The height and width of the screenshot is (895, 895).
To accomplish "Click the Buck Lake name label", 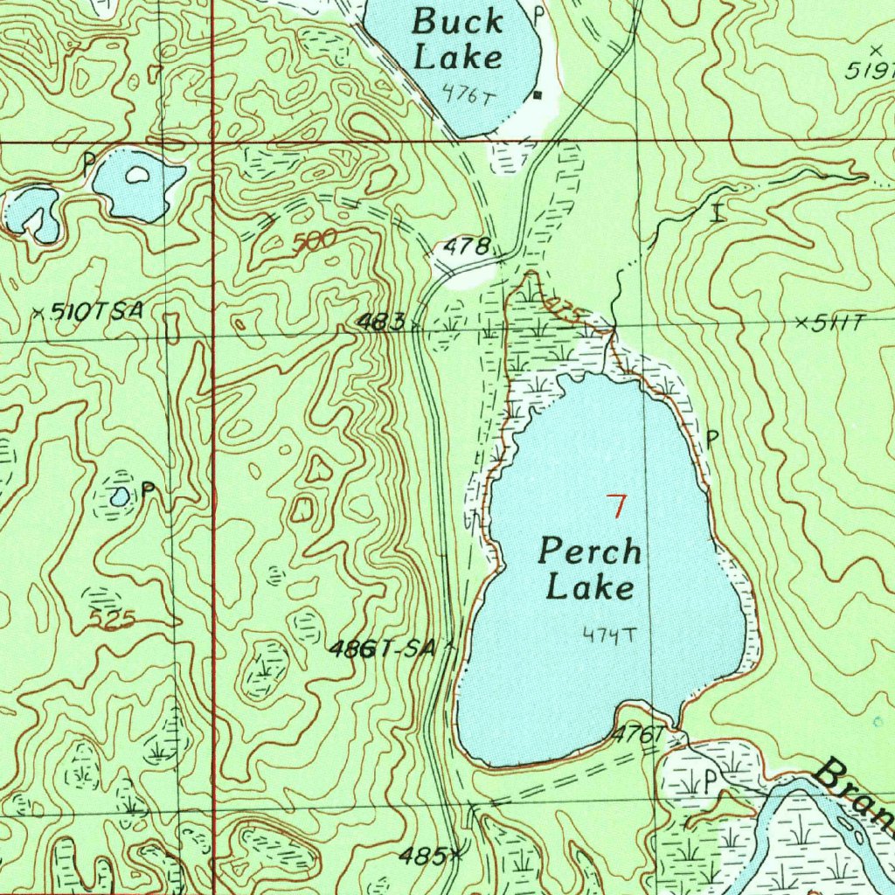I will [x=457, y=39].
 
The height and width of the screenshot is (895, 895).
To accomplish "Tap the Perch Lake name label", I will [x=590, y=569].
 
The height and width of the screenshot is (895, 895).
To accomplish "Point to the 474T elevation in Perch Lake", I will [x=608, y=635].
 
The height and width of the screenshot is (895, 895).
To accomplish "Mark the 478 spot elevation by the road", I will [x=466, y=247].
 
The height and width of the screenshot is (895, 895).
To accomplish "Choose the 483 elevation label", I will [x=380, y=323].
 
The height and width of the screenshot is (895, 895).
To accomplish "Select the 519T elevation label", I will [x=870, y=70].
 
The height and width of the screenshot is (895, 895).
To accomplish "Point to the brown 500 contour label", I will [x=315, y=241].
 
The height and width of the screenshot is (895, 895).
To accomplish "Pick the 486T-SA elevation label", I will [x=382, y=649].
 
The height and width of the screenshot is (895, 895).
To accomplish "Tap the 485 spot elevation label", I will [x=426, y=854].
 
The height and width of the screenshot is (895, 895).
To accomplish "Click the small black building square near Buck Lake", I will [x=538, y=94].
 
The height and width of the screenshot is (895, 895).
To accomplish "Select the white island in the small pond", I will [x=136, y=175].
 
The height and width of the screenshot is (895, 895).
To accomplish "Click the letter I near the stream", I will [x=718, y=212].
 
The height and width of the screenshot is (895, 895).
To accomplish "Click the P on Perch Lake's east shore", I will [x=711, y=436].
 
